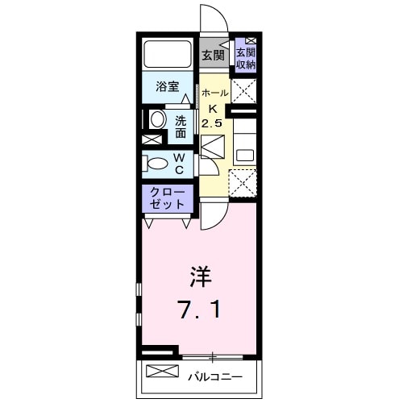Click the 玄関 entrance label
point(213,56)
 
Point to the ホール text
point(213,93)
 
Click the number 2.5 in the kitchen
point(213,123)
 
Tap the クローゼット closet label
point(168,198)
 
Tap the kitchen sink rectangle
point(245,151)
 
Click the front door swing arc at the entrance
point(209,18)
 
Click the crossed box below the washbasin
point(152,139)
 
